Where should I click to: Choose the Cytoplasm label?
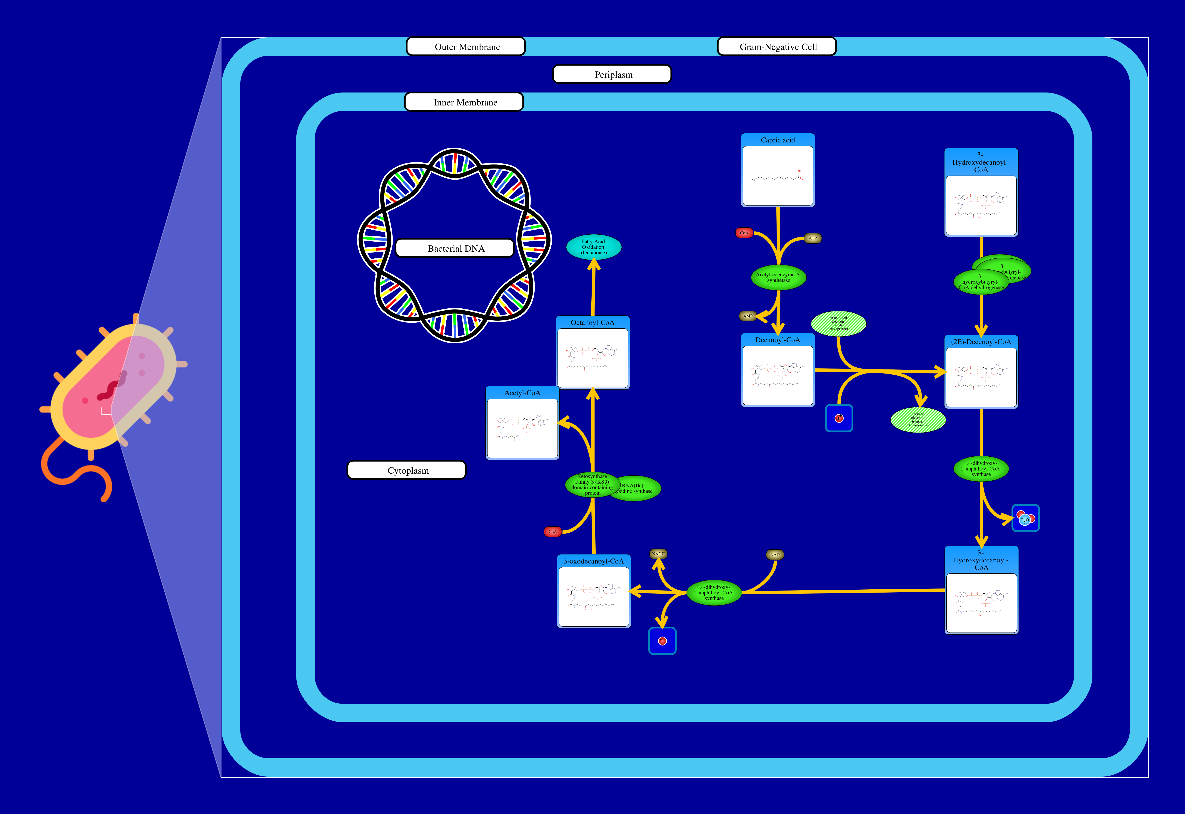[407, 470]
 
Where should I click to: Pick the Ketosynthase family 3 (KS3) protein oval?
[592, 485]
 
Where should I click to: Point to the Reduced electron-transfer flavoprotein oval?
[918, 420]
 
